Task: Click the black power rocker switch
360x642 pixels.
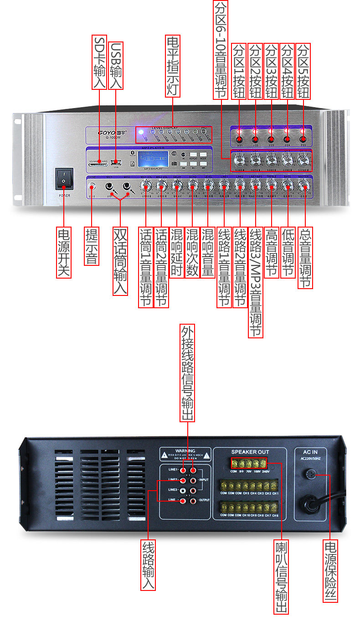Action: tap(64, 178)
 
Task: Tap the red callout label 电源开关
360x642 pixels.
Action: tap(64, 252)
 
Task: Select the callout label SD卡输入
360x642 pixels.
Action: tap(99, 62)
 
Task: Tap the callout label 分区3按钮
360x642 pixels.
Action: tap(272, 71)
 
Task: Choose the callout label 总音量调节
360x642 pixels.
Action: tap(305, 258)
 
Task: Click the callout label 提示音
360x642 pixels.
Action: tap(92, 246)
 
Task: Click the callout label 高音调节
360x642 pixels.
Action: tap(271, 252)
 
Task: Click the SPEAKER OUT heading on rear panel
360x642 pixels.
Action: tap(250, 452)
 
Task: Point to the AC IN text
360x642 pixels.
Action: tap(310, 452)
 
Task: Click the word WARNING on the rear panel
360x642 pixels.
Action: tap(185, 450)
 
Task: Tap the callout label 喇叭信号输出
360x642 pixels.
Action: tap(282, 576)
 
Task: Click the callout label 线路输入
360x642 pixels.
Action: tap(149, 565)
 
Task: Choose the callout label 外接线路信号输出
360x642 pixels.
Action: tap(187, 373)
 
